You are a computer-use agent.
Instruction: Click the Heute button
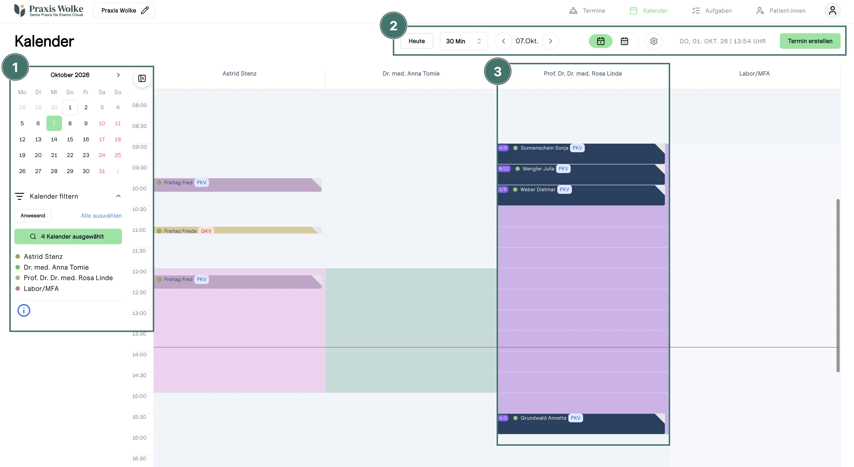(x=416, y=41)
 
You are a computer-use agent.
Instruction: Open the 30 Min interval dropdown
(x=464, y=41)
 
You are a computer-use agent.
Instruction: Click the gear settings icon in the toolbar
(x=654, y=41)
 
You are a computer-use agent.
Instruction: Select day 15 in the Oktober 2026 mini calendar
(x=70, y=139)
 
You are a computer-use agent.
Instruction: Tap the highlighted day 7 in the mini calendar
(x=54, y=123)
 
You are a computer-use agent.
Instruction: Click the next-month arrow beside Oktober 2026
(x=118, y=75)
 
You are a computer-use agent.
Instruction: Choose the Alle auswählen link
(x=101, y=216)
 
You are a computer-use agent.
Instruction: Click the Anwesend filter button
(x=33, y=215)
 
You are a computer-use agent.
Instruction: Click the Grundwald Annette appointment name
(x=543, y=418)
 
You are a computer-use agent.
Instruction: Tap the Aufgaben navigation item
(x=712, y=11)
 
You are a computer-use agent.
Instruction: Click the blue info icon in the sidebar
(x=24, y=310)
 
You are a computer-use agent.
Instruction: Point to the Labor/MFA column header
(x=754, y=74)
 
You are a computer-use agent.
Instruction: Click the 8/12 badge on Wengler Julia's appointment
(x=504, y=169)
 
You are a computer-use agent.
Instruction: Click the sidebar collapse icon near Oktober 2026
(x=142, y=79)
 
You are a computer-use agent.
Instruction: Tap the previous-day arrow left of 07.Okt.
(x=503, y=41)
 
